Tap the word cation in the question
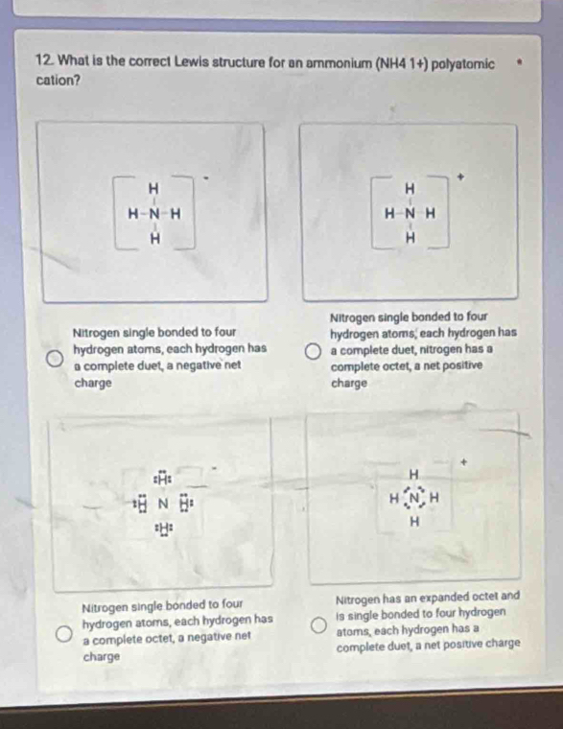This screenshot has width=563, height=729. pos(55,81)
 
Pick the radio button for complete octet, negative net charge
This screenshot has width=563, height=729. pos(63,634)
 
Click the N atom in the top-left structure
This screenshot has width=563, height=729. pos(153,214)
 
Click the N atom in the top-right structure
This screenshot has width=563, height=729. pos(410,214)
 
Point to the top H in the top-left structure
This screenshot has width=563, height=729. pos(153,189)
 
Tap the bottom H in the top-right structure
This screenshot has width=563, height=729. pos(410,239)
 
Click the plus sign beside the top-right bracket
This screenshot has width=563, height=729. pos(460,176)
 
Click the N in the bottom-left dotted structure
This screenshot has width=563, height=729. pos(163,504)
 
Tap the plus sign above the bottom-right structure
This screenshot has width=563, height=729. pos(463,462)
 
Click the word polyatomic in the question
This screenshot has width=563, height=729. pos(462,63)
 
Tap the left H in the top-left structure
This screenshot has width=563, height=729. pos(133,214)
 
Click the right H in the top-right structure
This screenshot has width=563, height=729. pos(431,214)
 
